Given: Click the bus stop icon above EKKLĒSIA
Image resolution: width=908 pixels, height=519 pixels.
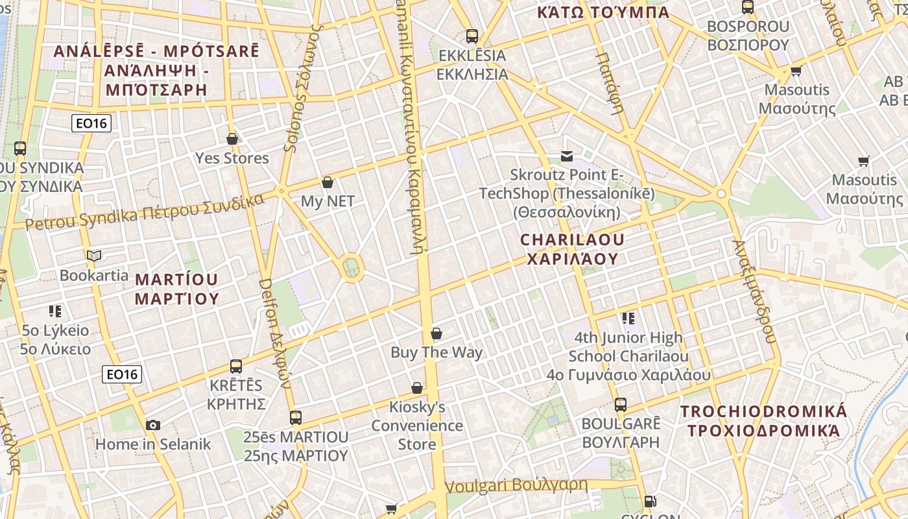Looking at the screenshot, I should click(472, 36).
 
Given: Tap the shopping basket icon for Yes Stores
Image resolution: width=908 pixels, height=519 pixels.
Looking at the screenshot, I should click(232, 139).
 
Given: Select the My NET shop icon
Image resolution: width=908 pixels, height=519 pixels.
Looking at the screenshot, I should click(328, 182).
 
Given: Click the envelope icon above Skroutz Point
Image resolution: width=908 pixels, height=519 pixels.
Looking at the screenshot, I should click(567, 156).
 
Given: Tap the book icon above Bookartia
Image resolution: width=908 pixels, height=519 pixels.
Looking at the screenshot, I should click(94, 256).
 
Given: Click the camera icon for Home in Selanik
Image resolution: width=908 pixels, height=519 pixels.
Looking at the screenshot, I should click(153, 425).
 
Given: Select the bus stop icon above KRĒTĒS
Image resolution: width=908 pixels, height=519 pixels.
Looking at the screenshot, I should click(236, 367).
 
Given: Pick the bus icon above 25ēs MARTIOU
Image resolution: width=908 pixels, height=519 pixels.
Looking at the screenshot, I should click(296, 417).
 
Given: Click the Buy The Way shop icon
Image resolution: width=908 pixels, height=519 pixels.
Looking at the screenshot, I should click(436, 333).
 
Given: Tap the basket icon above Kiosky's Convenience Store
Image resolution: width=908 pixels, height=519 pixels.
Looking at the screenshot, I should click(417, 388).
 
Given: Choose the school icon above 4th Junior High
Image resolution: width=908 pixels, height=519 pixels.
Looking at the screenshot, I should click(628, 318).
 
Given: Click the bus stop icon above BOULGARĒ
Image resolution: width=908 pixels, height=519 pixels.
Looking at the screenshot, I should click(621, 405).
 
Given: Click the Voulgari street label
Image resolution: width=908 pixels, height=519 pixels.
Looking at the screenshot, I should click(517, 485).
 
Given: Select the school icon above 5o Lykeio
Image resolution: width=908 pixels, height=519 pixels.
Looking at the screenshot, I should click(55, 311).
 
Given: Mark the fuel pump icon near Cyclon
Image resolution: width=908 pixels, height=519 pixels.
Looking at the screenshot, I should click(649, 501).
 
